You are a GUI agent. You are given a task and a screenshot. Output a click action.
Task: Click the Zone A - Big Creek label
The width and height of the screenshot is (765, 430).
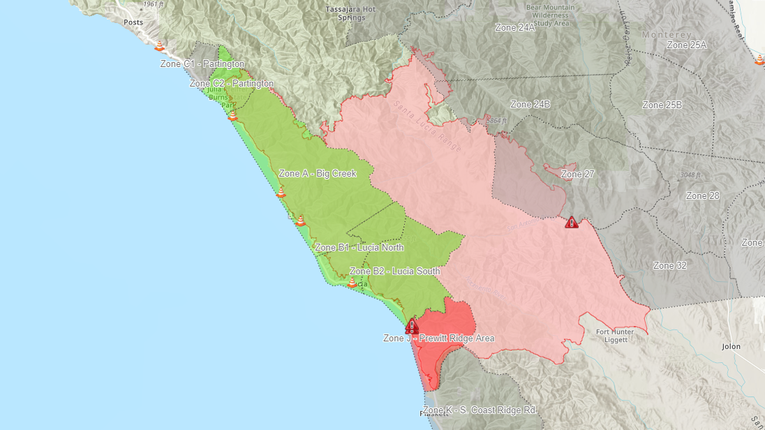pos(318,174)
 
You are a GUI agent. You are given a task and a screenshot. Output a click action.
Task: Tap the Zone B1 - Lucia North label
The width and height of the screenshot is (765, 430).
pos(359,248)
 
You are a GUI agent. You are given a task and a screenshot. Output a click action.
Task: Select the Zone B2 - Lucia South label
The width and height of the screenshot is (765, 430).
pos(395,271)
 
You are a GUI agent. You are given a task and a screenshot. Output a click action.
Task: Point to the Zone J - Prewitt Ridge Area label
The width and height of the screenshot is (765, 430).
pos(439,339)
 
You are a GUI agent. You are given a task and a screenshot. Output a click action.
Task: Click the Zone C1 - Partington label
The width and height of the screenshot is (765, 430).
pos(202,64)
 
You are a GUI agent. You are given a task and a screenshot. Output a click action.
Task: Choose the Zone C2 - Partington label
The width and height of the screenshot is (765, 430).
pos(232,84)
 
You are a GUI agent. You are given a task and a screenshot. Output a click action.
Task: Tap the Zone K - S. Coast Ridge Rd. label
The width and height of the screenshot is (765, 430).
pos(480,410)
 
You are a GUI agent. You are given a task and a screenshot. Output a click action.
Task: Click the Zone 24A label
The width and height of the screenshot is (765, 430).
pos(515,28)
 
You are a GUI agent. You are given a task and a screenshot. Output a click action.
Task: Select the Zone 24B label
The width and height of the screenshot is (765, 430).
pos(530,105)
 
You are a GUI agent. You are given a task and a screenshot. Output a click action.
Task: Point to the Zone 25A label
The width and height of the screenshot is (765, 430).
pos(687,45)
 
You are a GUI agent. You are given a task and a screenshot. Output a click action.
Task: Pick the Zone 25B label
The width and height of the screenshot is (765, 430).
pos(662,105)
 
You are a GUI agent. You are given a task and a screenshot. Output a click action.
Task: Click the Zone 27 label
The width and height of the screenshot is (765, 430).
pos(577,174)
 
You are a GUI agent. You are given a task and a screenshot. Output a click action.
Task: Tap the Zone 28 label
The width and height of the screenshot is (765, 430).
pos(702,196)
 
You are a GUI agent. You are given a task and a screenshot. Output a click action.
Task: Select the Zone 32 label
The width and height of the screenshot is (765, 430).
pos(670,266)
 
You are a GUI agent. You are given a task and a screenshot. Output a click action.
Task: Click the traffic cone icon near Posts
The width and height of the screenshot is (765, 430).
pos(160,46)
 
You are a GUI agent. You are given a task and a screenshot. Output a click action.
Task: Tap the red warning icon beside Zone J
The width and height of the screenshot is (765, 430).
pos(413,326)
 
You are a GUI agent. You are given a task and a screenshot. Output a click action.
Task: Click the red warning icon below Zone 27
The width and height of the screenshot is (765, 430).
pos(572,223)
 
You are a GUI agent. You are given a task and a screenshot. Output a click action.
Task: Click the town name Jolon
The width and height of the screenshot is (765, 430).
pos(731,346)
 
